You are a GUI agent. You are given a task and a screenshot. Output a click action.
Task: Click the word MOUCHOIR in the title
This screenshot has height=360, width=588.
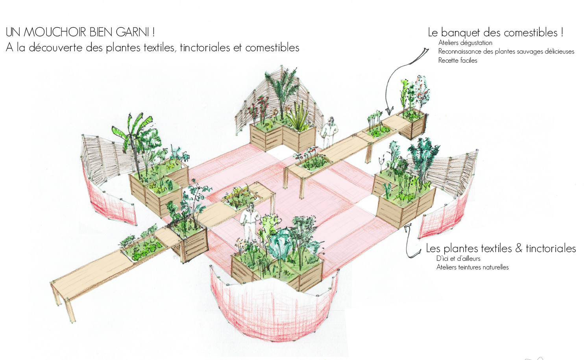tap(55, 32)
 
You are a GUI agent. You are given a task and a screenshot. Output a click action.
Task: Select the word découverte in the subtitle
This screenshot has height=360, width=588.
tap(56, 48)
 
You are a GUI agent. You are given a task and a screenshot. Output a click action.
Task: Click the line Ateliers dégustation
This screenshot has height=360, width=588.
tap(465, 43)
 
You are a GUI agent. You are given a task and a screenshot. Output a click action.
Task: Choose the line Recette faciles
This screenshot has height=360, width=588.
tap(458, 60)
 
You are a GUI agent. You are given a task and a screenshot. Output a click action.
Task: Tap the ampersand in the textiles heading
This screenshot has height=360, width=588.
tap(519, 248)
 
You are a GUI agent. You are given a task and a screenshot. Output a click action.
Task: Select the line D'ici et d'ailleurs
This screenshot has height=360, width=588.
tap(458, 258)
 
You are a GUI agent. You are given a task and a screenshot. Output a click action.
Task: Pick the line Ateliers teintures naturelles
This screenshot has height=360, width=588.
tap(472, 267)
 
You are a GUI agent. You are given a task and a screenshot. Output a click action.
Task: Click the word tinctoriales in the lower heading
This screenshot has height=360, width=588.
tap(551, 249)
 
